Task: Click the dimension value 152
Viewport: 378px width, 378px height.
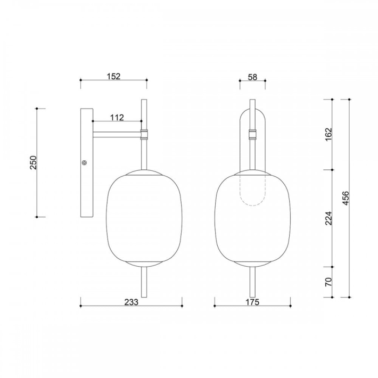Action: [x=113, y=77]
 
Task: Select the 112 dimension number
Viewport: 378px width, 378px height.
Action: [x=117, y=118]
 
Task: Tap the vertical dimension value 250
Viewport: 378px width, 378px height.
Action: [x=33, y=163]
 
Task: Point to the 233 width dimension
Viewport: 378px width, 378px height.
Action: [x=132, y=302]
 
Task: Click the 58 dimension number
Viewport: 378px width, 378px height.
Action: [x=252, y=77]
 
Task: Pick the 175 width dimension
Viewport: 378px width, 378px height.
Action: [x=252, y=302]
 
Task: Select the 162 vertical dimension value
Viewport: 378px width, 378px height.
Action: [x=328, y=135]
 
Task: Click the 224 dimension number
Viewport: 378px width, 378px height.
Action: [x=328, y=218]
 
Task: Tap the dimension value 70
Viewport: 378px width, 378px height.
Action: [x=328, y=282]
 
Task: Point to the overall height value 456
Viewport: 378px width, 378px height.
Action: [x=346, y=198]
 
